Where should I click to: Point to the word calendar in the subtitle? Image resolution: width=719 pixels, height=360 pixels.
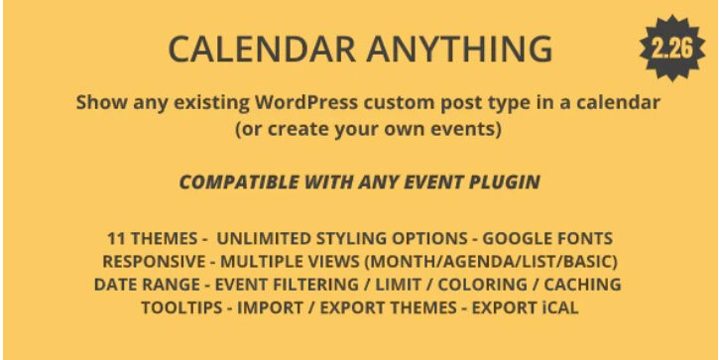click(612, 103)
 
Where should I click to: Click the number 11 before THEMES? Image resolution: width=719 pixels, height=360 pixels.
click(117, 238)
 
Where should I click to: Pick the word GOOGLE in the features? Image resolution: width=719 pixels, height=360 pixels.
click(519, 238)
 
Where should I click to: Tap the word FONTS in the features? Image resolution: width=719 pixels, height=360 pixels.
click(586, 238)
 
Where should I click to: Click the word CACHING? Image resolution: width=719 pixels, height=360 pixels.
click(584, 285)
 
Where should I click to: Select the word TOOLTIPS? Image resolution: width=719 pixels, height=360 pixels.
click(183, 307)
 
